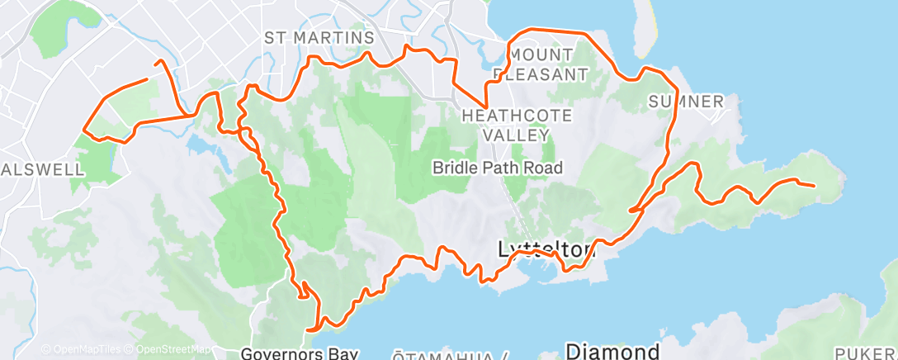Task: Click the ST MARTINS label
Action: (319, 38)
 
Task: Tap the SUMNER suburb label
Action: (686, 102)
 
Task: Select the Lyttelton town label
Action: (546, 249)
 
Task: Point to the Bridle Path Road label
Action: (498, 168)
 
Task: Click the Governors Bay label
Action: (299, 354)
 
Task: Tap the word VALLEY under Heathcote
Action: (516, 134)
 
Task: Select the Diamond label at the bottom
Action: (612, 351)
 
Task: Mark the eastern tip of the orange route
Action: (815, 186)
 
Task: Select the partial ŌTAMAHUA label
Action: (446, 356)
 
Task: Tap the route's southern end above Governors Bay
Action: (309, 329)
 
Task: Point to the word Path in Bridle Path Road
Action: (499, 168)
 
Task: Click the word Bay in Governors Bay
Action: (341, 354)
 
